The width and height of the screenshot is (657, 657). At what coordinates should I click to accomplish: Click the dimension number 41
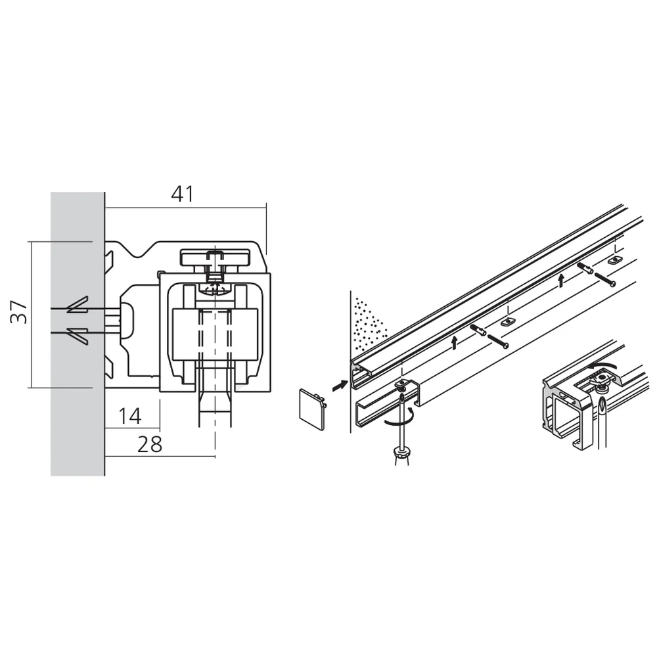(183, 194)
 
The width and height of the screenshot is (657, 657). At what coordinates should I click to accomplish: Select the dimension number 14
(130, 415)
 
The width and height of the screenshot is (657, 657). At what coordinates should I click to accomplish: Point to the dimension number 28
(150, 444)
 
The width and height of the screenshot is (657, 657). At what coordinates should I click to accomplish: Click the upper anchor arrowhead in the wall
(77, 306)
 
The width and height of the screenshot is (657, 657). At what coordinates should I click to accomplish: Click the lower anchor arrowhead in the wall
(77, 333)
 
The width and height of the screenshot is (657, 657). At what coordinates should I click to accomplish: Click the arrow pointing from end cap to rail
(338, 386)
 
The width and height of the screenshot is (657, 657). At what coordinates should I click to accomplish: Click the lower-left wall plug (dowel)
(478, 330)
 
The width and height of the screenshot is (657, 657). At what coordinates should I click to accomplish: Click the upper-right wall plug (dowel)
(585, 268)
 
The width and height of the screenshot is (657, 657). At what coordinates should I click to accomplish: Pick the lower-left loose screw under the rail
(498, 342)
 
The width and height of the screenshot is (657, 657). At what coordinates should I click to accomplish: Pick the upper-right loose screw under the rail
(606, 279)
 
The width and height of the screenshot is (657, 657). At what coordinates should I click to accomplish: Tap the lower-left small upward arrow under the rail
(453, 341)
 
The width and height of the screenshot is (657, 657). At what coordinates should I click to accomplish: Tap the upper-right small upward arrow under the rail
(560, 281)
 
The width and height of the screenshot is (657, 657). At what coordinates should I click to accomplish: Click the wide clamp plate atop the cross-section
(216, 257)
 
